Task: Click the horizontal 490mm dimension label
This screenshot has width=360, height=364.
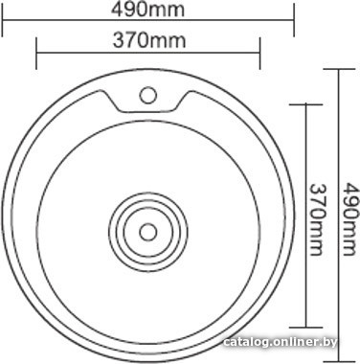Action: [x=147, y=10]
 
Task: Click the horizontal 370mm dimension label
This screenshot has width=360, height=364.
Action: [x=149, y=41]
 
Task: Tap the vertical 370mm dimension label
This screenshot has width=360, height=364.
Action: [x=317, y=219]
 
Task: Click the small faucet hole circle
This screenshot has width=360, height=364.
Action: [x=148, y=95]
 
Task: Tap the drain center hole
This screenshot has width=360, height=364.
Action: [x=148, y=232]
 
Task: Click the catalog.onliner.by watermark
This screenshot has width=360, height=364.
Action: [x=280, y=343]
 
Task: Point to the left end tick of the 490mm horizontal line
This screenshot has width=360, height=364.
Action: [x=3, y=20]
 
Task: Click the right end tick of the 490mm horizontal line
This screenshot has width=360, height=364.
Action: [x=294, y=20]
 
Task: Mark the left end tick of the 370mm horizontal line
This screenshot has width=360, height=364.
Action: [x=36, y=53]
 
